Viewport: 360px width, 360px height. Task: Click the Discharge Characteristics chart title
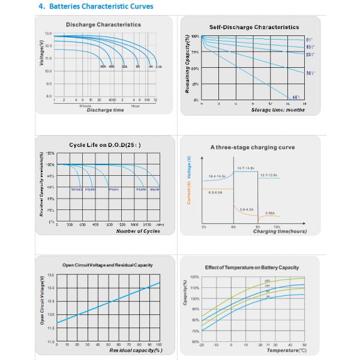point(103,25)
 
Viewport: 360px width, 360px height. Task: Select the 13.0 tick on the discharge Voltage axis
point(48,34)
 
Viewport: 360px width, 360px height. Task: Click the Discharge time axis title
point(106,110)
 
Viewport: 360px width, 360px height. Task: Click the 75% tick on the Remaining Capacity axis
point(195,52)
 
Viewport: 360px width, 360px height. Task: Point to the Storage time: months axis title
point(270,110)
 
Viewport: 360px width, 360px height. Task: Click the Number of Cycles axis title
point(138,231)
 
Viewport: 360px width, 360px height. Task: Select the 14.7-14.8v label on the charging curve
point(247,168)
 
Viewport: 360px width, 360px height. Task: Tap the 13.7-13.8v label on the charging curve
point(268,175)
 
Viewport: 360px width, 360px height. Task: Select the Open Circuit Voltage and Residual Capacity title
point(107,265)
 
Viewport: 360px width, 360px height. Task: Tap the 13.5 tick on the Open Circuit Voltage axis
point(50,275)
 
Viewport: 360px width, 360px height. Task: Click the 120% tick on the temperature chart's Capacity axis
point(194,277)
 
